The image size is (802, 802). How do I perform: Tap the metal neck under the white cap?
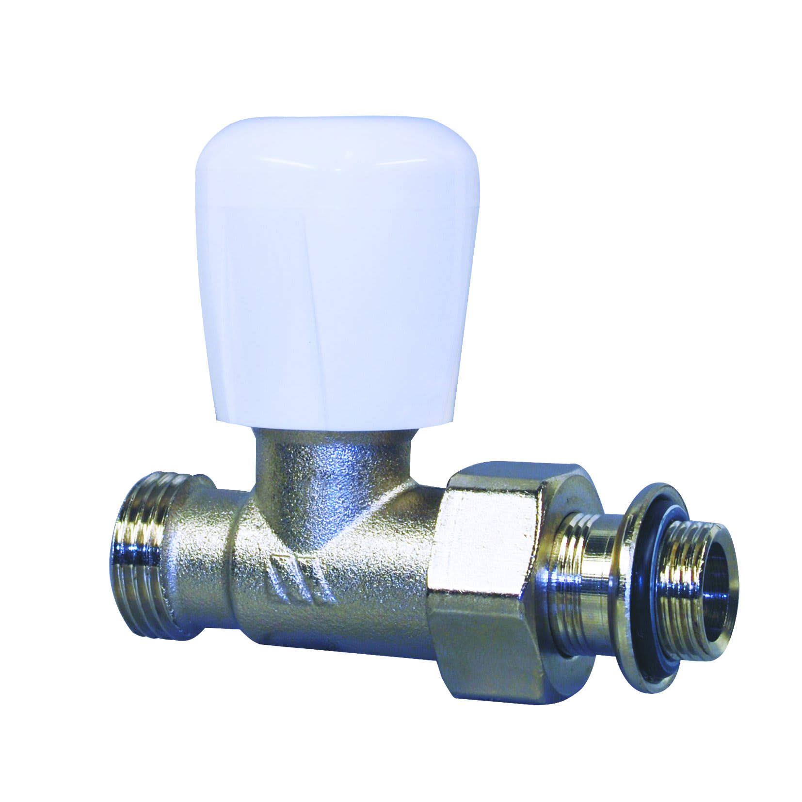click(335, 465)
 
